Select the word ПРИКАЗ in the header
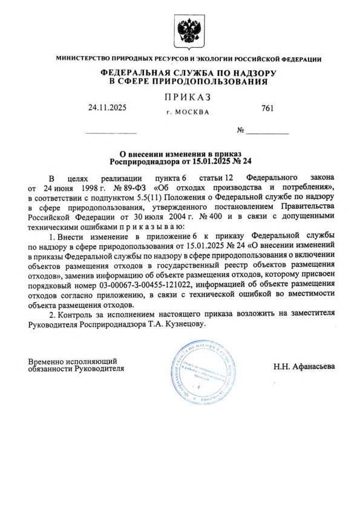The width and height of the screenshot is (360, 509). tap(187, 97)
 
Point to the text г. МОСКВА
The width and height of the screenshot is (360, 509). tap(187, 112)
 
